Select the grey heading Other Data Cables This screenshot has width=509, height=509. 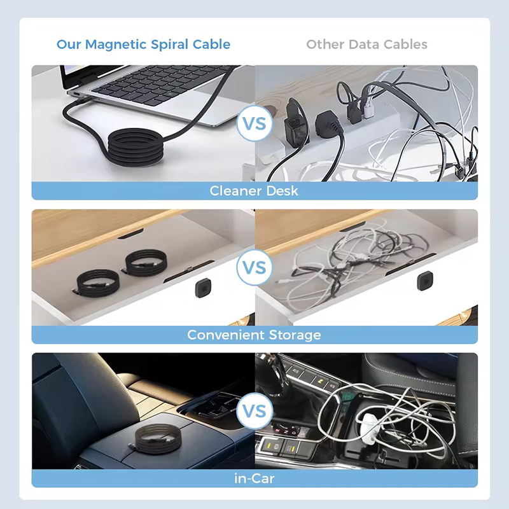pos(366,45)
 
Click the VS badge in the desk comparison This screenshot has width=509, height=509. pos(254,123)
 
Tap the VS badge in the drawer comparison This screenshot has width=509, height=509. pos(254,267)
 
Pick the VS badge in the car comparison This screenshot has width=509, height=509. pos(254,411)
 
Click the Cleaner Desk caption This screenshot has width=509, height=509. pos(254,191)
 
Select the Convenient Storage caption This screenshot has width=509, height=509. pos(254,335)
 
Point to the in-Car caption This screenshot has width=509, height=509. pos(254,479)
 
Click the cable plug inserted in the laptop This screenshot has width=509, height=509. pos(81,99)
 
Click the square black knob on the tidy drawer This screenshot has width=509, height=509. pos(204,288)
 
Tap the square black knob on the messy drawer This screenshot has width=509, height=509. pos(425,281)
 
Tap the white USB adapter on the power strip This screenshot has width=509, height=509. pos(369,109)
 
